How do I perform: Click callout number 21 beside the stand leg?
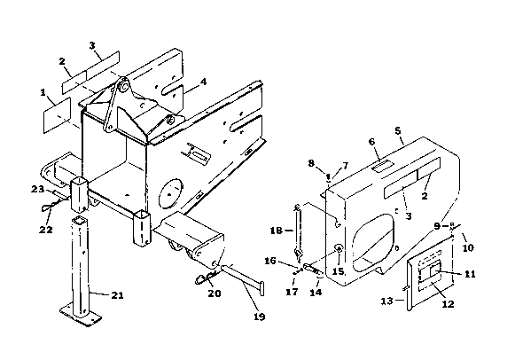click(x=117, y=295)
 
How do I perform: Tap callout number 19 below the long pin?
click(x=259, y=317)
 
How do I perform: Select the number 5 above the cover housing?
click(x=398, y=131)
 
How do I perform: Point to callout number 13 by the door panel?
click(x=387, y=301)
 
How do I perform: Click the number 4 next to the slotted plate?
click(x=204, y=81)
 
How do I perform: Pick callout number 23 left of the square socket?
click(x=37, y=189)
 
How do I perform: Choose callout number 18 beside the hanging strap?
click(x=277, y=231)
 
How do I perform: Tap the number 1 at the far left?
click(x=43, y=92)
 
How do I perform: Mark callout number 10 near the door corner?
click(x=468, y=247)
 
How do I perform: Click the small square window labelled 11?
click(x=436, y=270)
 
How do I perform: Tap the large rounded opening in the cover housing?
click(x=373, y=243)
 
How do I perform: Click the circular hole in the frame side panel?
click(x=169, y=193)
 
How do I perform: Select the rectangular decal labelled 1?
click(x=57, y=115)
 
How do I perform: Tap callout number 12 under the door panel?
click(x=449, y=304)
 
